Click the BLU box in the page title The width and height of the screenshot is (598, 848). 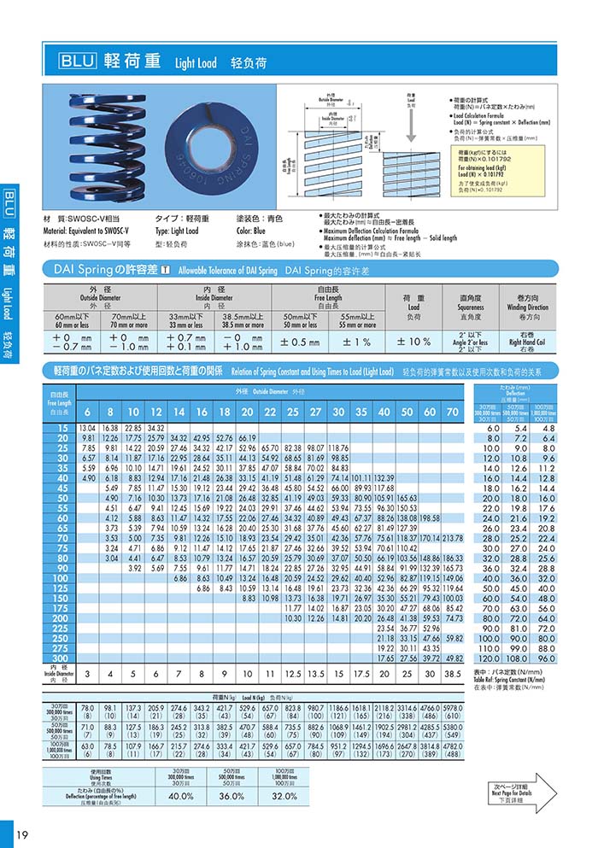[79, 61]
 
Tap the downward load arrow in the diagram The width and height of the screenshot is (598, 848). [412, 119]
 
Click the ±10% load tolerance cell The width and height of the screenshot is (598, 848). [413, 342]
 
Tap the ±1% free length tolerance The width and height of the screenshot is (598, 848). [357, 342]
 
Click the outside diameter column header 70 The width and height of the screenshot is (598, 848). [453, 412]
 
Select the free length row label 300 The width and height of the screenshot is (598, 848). [60, 658]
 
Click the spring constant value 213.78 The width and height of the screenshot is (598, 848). [453, 538]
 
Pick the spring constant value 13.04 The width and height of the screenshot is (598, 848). [86, 427]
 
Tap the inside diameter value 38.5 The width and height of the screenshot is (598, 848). [453, 674]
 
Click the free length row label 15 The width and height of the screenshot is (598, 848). [60, 427]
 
